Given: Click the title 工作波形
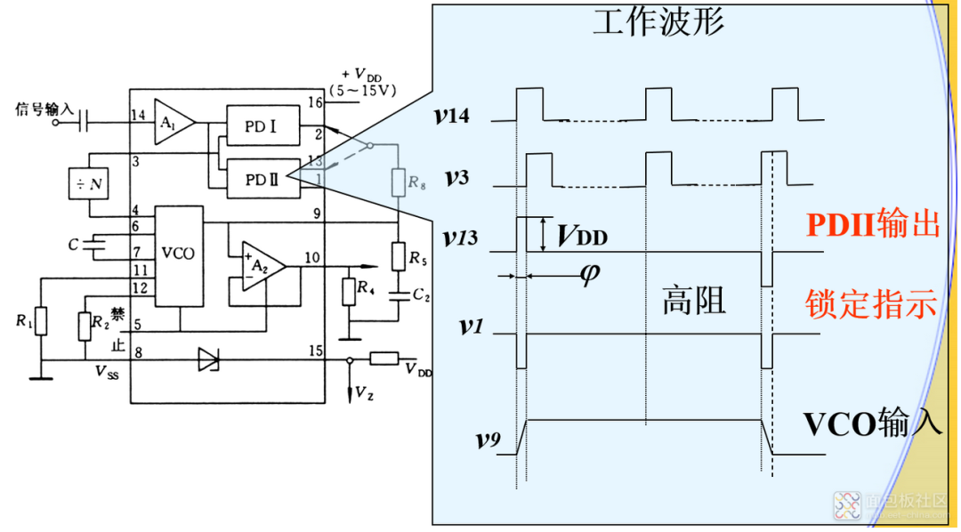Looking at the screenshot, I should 658,20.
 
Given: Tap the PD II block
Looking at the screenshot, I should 261,179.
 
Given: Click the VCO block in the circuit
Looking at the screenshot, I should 180,253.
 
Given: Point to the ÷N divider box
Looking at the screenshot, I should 90,184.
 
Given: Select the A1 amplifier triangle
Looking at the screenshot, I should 172,116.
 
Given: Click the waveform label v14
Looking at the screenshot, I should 464,116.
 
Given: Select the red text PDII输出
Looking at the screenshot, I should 873,224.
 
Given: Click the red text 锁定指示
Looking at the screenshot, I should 871,303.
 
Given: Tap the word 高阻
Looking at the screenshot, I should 694,301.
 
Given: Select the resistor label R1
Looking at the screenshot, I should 23,322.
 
